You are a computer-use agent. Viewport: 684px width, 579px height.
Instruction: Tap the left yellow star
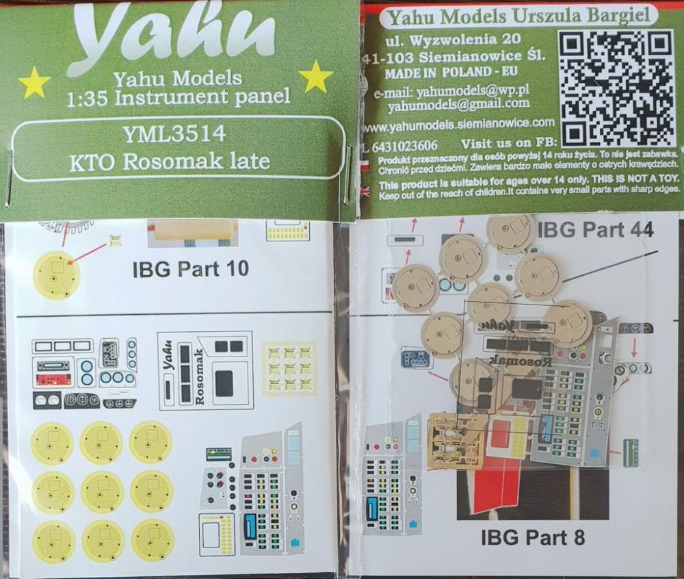[x=34, y=83]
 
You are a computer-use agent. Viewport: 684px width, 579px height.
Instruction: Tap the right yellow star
[x=316, y=77]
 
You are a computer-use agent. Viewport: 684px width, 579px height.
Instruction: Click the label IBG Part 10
[x=190, y=270]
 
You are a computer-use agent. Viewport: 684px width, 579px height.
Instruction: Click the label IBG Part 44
[x=595, y=231]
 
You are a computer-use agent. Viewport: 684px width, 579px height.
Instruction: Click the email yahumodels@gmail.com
[x=458, y=104]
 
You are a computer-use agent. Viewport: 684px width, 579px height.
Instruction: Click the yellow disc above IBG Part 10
[x=56, y=274]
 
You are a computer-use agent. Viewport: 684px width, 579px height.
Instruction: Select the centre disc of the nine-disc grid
[x=102, y=491]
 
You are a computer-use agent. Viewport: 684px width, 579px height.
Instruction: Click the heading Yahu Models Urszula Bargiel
[x=512, y=14]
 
